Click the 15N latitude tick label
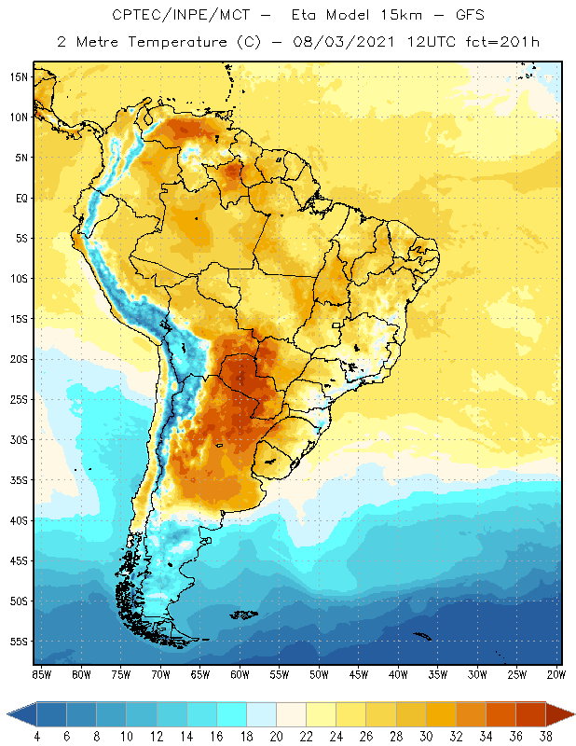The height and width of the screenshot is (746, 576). tap(19, 76)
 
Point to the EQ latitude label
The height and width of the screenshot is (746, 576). tap(19, 198)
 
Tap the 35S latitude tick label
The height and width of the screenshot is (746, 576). tap(19, 480)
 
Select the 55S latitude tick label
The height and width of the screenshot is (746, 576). tap(19, 642)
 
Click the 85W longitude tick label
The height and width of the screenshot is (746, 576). tap(41, 674)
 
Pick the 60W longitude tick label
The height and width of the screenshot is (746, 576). tap(240, 674)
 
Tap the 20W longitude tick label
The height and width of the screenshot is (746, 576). tap(556, 674)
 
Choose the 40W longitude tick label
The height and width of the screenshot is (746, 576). tap(398, 674)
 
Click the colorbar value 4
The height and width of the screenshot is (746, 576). tap(36, 736)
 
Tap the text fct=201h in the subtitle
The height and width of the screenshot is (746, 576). tap(501, 42)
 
